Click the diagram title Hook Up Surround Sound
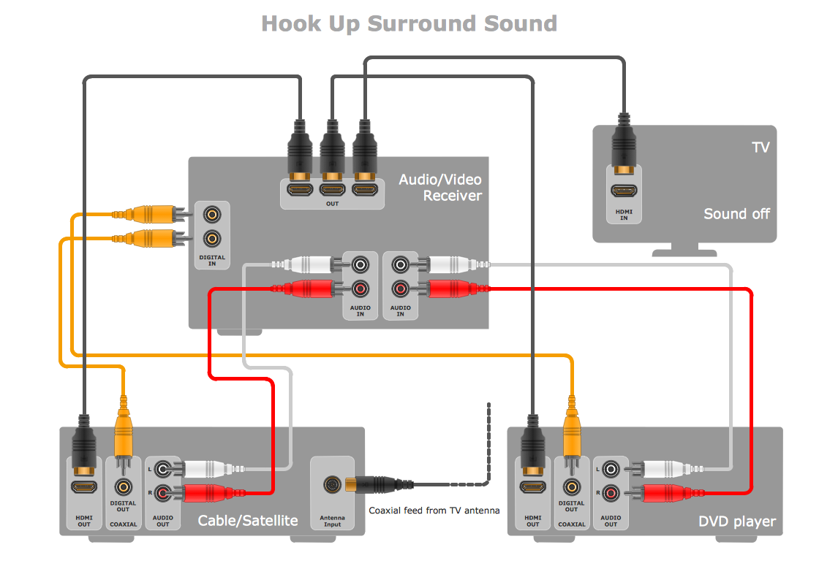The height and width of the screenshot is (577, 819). [x=409, y=23]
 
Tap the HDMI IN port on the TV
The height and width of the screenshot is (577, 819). [x=624, y=192]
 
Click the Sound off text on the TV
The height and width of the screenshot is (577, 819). [x=736, y=214]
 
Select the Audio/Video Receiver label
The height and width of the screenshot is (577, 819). [x=440, y=188]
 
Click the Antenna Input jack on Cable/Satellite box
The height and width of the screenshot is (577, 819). [x=333, y=484]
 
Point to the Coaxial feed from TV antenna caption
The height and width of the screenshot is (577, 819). [x=434, y=511]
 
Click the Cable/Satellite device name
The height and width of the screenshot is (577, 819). [x=248, y=521]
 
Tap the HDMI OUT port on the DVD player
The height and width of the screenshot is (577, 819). [x=532, y=486]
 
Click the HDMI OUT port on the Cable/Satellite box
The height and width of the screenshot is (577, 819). [x=83, y=486]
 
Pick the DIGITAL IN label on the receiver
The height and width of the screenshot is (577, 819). [x=212, y=260]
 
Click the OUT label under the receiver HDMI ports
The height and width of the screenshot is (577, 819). [x=333, y=204]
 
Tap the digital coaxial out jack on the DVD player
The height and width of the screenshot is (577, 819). [x=571, y=486]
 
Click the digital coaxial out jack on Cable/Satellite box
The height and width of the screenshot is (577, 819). [x=123, y=486]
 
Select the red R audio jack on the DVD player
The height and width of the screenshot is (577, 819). [x=611, y=493]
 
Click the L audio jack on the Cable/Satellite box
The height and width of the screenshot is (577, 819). [x=163, y=468]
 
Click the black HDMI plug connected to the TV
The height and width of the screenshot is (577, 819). [x=623, y=144]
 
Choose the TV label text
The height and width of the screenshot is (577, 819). [x=760, y=148]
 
